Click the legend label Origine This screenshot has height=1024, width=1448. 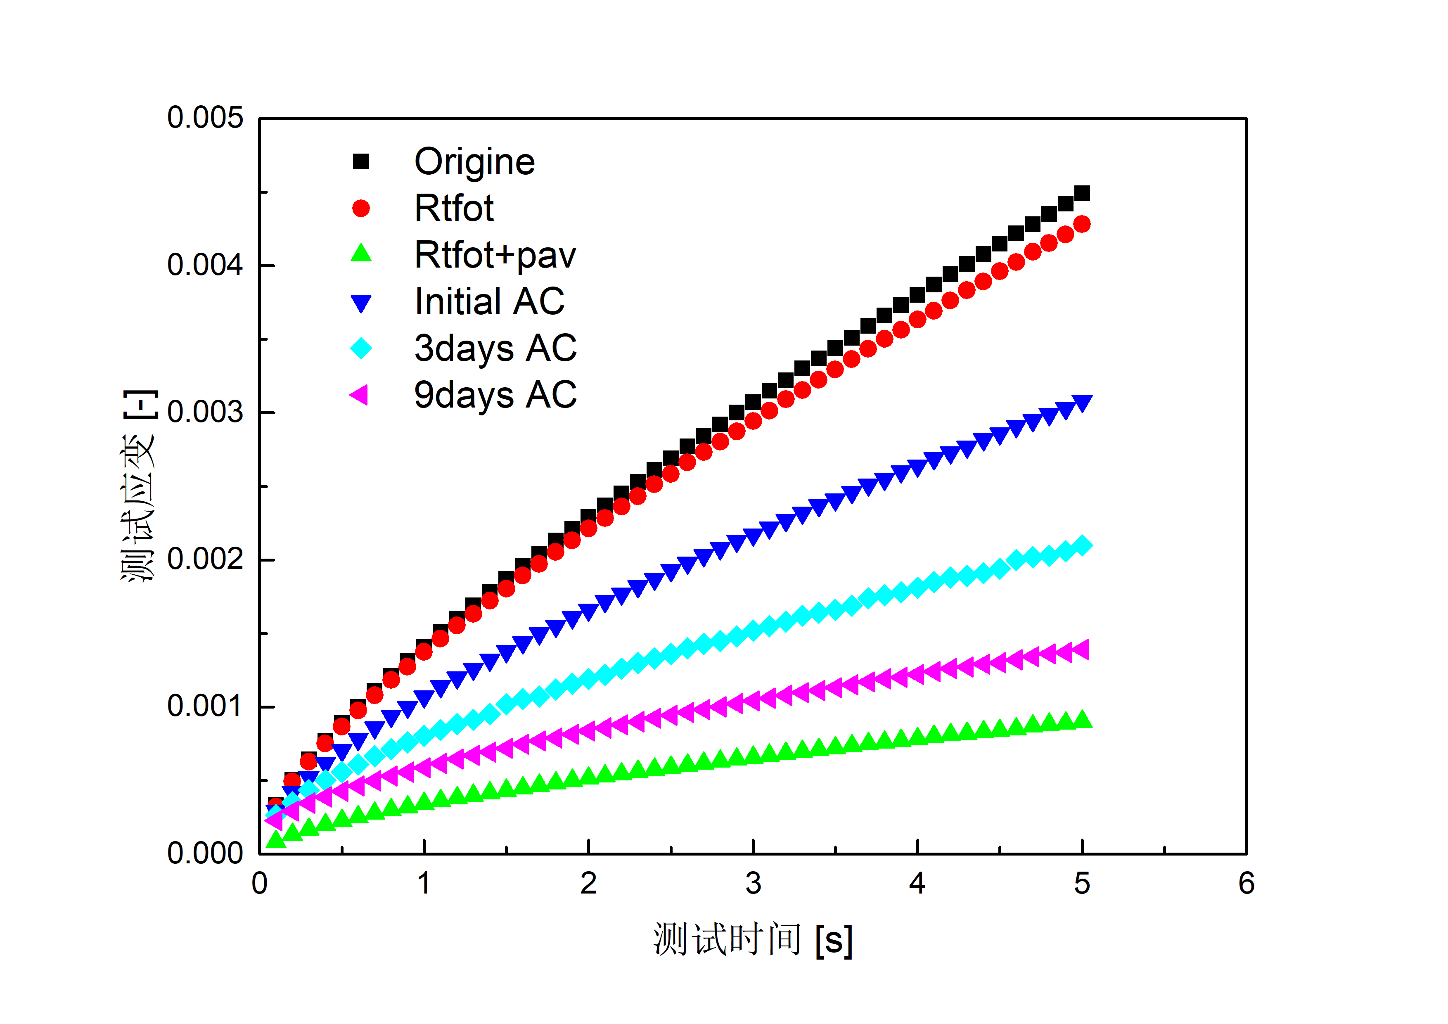474,162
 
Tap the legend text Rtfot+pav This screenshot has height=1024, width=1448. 495,255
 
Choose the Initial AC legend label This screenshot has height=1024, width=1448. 489,301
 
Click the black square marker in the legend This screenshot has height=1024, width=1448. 361,162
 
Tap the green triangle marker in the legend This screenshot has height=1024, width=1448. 361,254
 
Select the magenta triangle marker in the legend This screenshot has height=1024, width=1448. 360,395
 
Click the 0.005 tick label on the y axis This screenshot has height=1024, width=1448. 204,118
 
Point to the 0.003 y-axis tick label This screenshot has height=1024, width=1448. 204,412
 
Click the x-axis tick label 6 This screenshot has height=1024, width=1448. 1246,883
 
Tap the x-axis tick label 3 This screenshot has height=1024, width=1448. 753,883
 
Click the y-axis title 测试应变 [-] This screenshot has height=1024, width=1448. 139,486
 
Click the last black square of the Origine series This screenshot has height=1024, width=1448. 1082,193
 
